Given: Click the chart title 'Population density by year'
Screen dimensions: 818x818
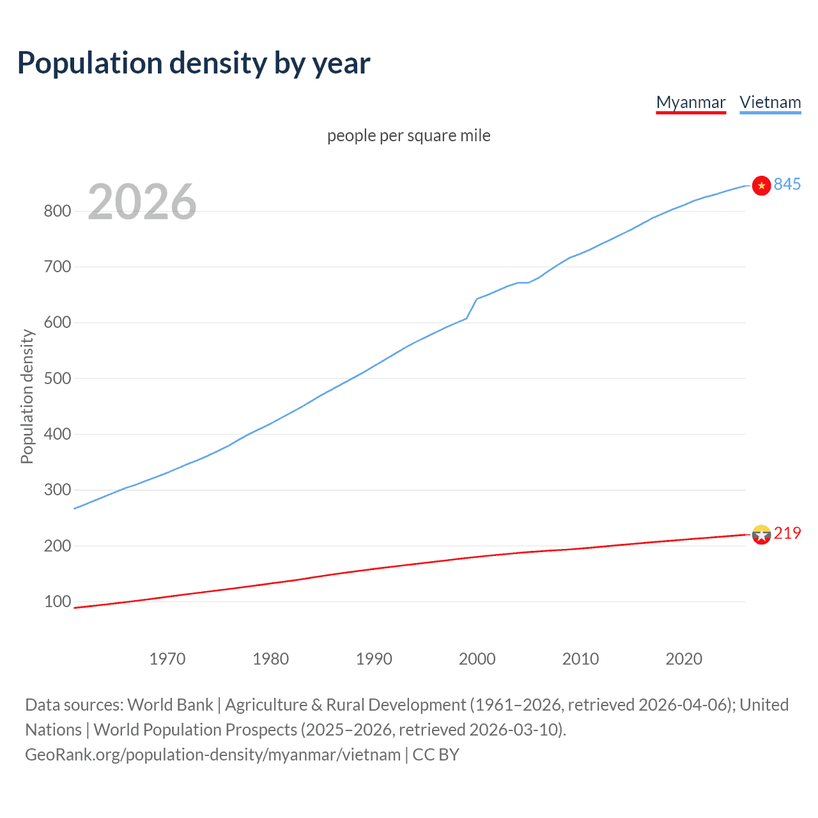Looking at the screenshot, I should coord(194,63).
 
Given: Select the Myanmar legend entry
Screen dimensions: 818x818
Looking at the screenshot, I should coord(691,102).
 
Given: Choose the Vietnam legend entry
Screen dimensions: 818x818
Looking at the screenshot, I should coord(770,102).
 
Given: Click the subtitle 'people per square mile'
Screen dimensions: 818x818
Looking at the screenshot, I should coord(408,135).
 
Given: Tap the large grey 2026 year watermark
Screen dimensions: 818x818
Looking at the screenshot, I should coord(142,202).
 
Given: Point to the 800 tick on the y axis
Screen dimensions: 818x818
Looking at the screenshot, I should coord(57,211).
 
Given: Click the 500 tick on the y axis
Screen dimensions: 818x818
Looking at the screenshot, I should coord(57,378).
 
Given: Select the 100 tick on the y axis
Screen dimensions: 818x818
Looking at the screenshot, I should coord(57,601).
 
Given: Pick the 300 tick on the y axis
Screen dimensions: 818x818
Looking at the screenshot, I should coord(57,490).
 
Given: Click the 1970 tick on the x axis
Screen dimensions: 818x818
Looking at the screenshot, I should coord(167,659).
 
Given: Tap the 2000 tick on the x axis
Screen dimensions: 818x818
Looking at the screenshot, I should coord(477,659).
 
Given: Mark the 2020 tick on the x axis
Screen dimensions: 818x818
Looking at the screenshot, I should coord(684,659).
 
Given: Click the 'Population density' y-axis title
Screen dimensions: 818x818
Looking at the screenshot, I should coord(27,396).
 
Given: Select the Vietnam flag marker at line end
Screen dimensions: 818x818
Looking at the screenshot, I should coord(761,185).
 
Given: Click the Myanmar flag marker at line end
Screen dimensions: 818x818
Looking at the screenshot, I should coord(761,534).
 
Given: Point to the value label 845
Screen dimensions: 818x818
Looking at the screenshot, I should coord(787,184).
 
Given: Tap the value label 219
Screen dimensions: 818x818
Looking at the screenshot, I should coord(787,533).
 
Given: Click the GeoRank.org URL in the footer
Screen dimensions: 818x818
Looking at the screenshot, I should coord(212,755).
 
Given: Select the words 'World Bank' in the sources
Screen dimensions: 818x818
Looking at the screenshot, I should coord(170,705).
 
